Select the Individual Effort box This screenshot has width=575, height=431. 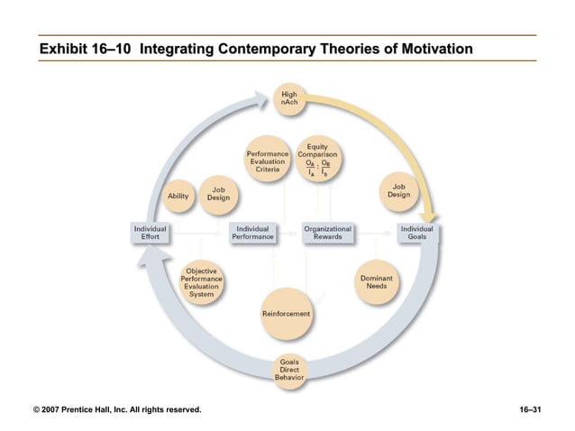[151, 233]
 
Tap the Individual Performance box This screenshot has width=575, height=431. [254, 233]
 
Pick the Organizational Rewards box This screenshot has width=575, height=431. [327, 233]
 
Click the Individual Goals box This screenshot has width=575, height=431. [417, 233]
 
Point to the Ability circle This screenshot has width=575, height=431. [178, 196]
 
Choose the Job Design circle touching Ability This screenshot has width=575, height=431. [217, 194]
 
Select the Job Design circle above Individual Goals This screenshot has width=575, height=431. [398, 191]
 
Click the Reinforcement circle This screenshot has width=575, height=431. [286, 312]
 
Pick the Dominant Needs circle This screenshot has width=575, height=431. [376, 283]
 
